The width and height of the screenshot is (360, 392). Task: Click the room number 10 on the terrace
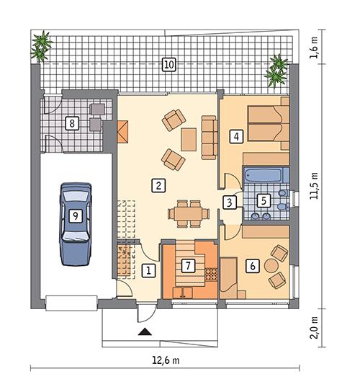168,64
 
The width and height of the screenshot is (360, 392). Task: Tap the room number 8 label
72,122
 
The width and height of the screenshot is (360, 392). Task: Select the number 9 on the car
75,215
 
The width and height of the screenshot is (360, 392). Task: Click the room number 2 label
156,185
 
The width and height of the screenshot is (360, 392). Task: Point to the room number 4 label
235,135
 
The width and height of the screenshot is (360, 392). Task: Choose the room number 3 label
228,202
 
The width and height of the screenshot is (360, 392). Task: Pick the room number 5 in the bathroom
264,200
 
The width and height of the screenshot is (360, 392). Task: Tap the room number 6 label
252,266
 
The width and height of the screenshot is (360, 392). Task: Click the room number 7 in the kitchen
189,266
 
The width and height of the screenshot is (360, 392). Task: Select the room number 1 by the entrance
148,271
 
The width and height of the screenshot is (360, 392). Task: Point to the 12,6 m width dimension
166,360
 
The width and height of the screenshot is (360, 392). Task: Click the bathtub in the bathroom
261,176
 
